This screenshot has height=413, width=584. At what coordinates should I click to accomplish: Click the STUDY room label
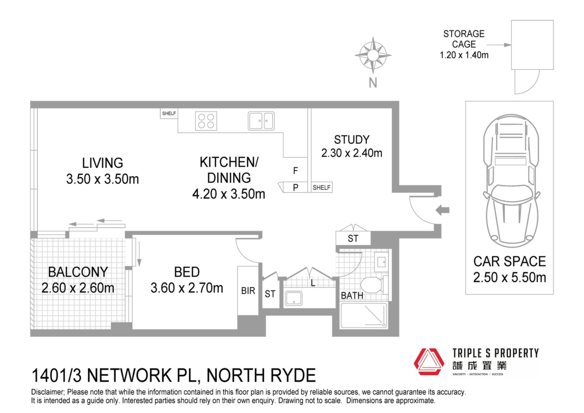point(352,140)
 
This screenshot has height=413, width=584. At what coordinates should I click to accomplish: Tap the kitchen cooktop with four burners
point(206,121)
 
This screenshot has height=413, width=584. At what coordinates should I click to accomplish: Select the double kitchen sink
point(261,121)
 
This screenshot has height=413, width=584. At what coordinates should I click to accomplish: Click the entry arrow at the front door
point(443,210)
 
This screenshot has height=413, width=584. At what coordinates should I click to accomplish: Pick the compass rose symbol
point(373,55)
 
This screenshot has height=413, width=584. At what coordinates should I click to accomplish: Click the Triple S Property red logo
point(429,362)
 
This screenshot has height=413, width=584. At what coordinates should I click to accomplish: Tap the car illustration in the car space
point(511,181)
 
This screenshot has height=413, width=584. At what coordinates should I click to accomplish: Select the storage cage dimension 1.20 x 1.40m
point(464,55)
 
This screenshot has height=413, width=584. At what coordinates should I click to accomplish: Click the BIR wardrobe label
point(248,291)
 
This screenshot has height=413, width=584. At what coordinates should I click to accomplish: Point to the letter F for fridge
point(295,171)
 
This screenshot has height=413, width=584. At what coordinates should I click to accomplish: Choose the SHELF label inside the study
point(322,187)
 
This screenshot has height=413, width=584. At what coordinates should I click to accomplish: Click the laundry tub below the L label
point(294,298)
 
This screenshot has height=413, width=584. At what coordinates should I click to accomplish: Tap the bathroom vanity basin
point(381,261)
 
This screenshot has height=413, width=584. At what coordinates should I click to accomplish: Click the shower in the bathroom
point(364,315)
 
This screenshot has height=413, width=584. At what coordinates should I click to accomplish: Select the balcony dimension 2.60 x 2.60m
point(78,288)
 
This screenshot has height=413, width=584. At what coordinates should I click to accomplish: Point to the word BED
point(187,272)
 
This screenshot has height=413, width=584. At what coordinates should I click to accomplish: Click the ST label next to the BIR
point(270,294)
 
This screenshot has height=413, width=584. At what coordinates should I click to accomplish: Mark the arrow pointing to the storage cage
point(499,45)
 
